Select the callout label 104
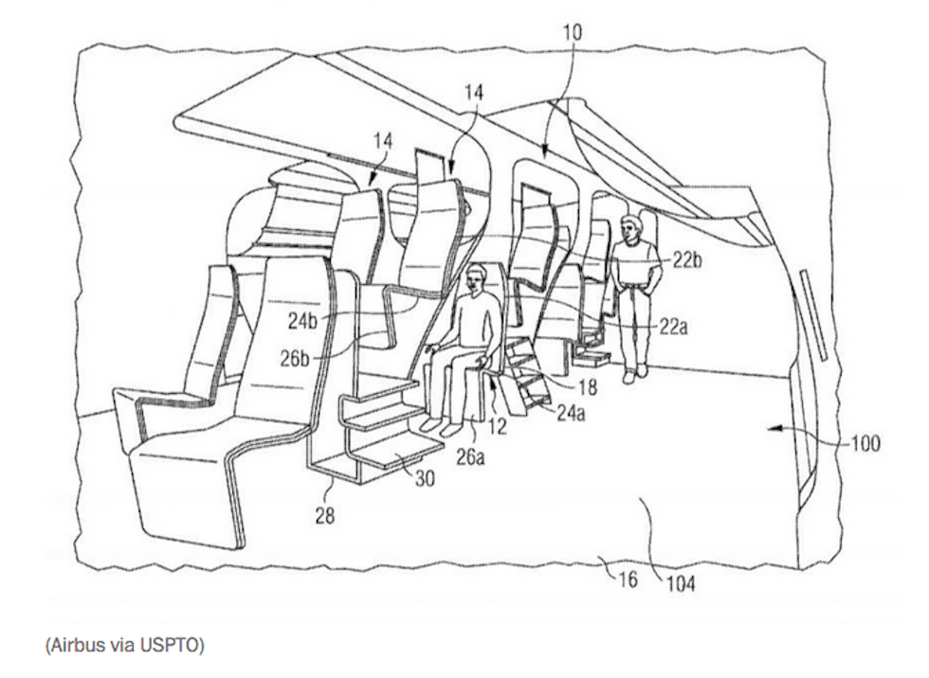(679, 583)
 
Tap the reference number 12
(497, 427)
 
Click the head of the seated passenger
(477, 277)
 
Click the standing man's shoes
(634, 374)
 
